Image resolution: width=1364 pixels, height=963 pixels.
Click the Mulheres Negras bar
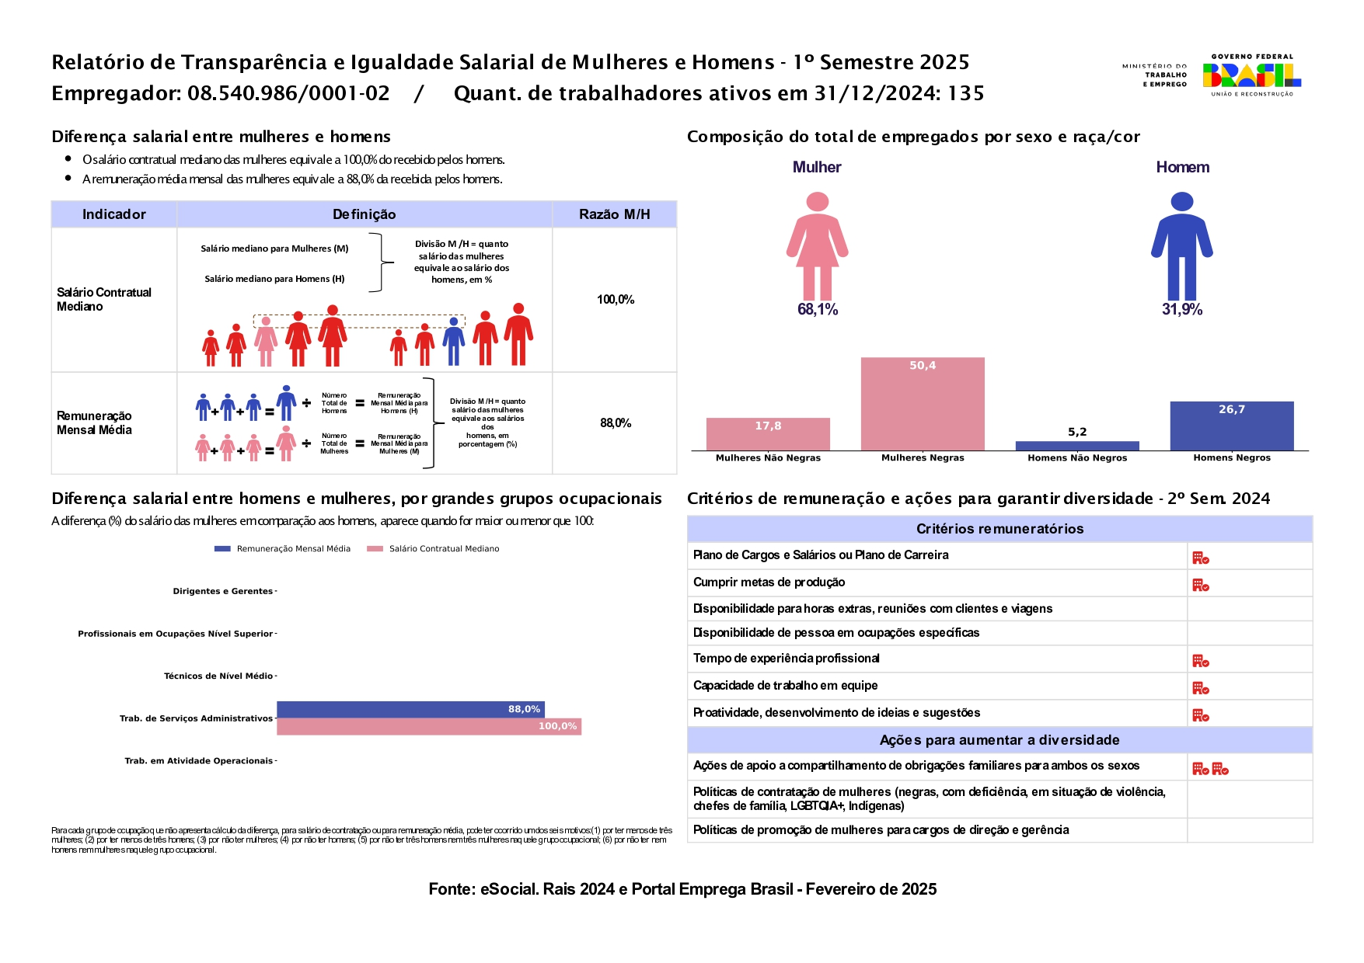(x=923, y=404)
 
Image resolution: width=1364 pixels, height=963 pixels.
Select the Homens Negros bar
(x=1232, y=426)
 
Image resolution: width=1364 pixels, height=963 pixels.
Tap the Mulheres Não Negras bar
(x=768, y=434)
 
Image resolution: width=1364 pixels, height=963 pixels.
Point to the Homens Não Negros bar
(x=1077, y=446)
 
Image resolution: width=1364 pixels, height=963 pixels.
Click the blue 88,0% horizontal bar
(x=410, y=709)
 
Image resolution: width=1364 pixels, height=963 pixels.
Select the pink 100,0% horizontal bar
(x=429, y=726)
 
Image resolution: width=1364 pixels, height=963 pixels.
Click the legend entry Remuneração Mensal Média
(x=283, y=549)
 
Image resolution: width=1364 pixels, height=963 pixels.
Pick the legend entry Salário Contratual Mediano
(x=434, y=549)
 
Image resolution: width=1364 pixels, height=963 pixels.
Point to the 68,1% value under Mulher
(x=818, y=310)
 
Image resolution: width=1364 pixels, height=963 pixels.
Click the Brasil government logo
(x=1251, y=75)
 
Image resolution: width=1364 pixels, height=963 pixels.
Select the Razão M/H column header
(x=614, y=214)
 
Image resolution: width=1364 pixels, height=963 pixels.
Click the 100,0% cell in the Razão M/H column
(x=616, y=300)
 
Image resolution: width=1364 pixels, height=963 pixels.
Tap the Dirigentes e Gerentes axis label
(x=223, y=592)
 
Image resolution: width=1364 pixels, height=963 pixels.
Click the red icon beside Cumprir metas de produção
(x=1201, y=585)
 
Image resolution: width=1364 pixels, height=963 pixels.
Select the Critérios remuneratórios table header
(x=999, y=529)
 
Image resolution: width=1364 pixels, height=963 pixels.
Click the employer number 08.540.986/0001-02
(x=288, y=94)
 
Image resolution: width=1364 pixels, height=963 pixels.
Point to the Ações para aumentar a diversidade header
(x=999, y=740)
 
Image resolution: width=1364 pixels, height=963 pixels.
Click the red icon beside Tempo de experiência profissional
(x=1201, y=661)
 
